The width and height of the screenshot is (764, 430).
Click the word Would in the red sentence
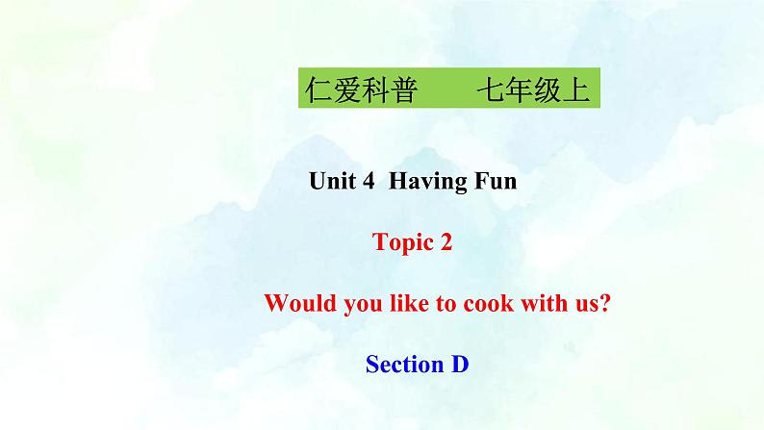pos(293,304)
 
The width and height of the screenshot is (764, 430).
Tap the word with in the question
pos(535,304)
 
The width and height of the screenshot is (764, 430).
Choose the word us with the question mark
pos(587,304)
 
